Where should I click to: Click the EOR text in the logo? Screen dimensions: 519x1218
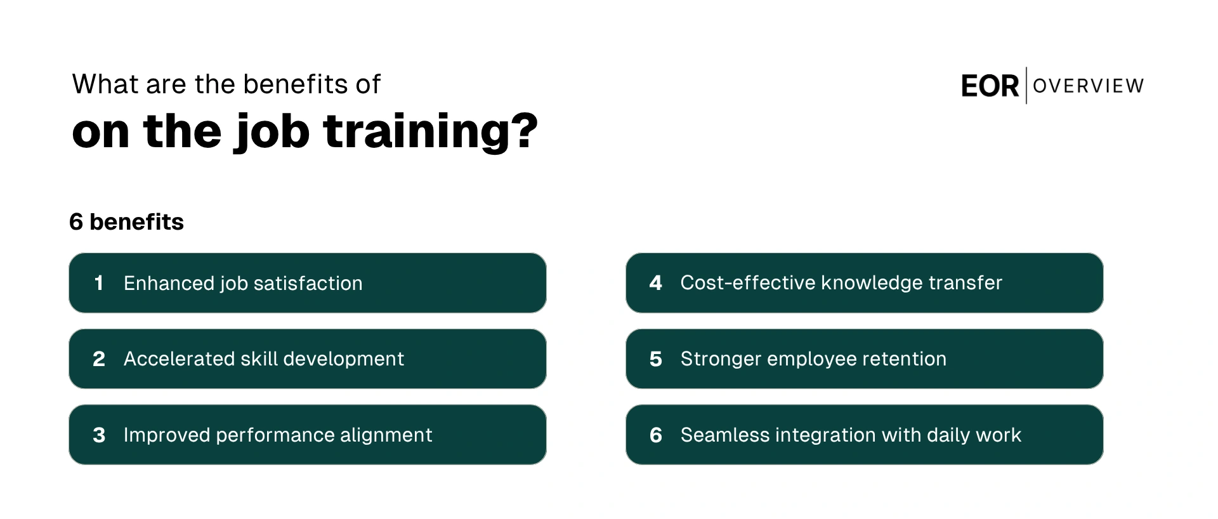pyautogui.click(x=989, y=86)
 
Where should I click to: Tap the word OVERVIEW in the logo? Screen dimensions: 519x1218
pyautogui.click(x=1088, y=86)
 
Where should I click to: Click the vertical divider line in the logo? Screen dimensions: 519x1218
pyautogui.click(x=1026, y=86)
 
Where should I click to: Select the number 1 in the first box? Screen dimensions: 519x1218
pyautogui.click(x=98, y=283)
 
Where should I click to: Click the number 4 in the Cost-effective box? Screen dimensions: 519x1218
pyautogui.click(x=655, y=283)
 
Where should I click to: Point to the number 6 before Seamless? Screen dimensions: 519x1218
pyautogui.click(x=655, y=435)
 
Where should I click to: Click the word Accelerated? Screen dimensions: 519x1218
pyautogui.click(x=179, y=359)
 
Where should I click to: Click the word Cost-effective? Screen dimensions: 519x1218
pyautogui.click(x=747, y=283)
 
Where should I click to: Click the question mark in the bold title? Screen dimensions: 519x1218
pyautogui.click(x=524, y=131)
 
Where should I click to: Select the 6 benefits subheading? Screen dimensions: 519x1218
pyautogui.click(x=126, y=222)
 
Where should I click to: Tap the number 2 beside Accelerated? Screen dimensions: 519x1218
pyautogui.click(x=98, y=359)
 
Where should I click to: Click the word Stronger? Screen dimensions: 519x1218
pyautogui.click(x=721, y=359)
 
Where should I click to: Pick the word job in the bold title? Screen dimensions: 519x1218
pyautogui.click(x=273, y=132)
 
